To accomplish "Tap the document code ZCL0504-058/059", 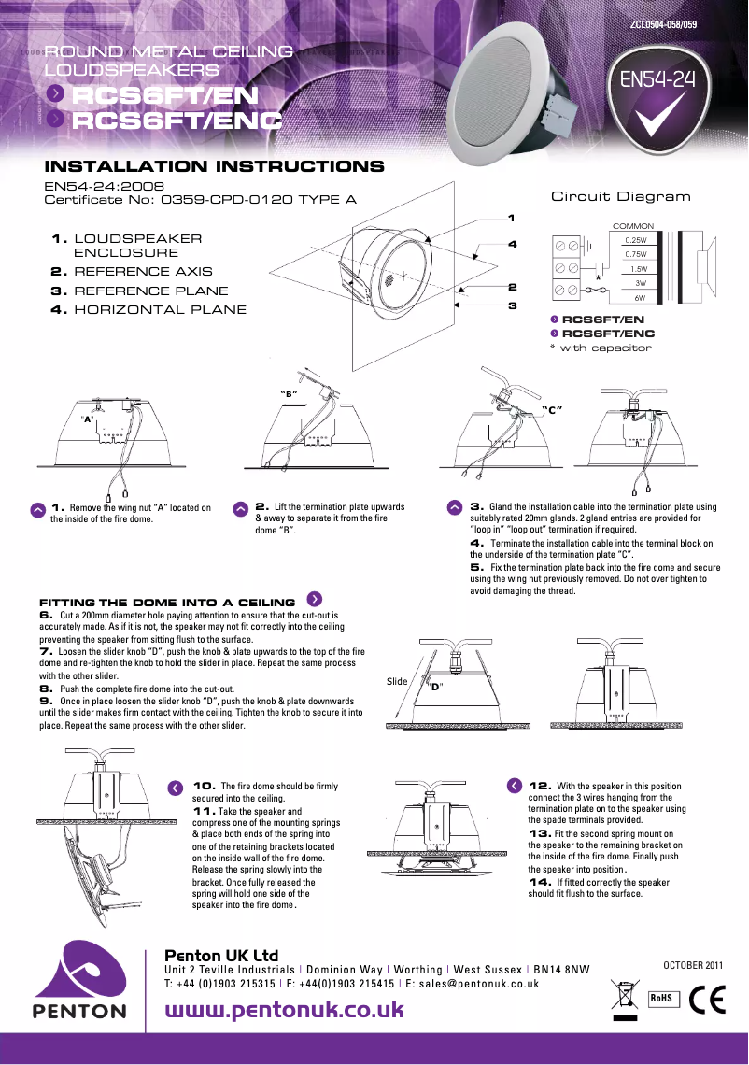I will click(x=664, y=22).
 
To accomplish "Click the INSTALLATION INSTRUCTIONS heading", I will click(x=215, y=167).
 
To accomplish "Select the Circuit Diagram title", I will click(x=621, y=196).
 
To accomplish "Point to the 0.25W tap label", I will click(x=636, y=240).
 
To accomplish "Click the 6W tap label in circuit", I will click(x=641, y=297).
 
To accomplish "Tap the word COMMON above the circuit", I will click(x=632, y=226).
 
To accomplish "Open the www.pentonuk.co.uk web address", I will click(x=284, y=1010).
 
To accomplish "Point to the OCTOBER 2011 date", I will click(x=693, y=964).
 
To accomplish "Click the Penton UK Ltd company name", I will click(x=221, y=956).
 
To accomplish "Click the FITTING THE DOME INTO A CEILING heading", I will click(x=167, y=603).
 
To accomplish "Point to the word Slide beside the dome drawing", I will click(x=397, y=681).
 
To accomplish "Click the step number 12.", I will click(x=540, y=786).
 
